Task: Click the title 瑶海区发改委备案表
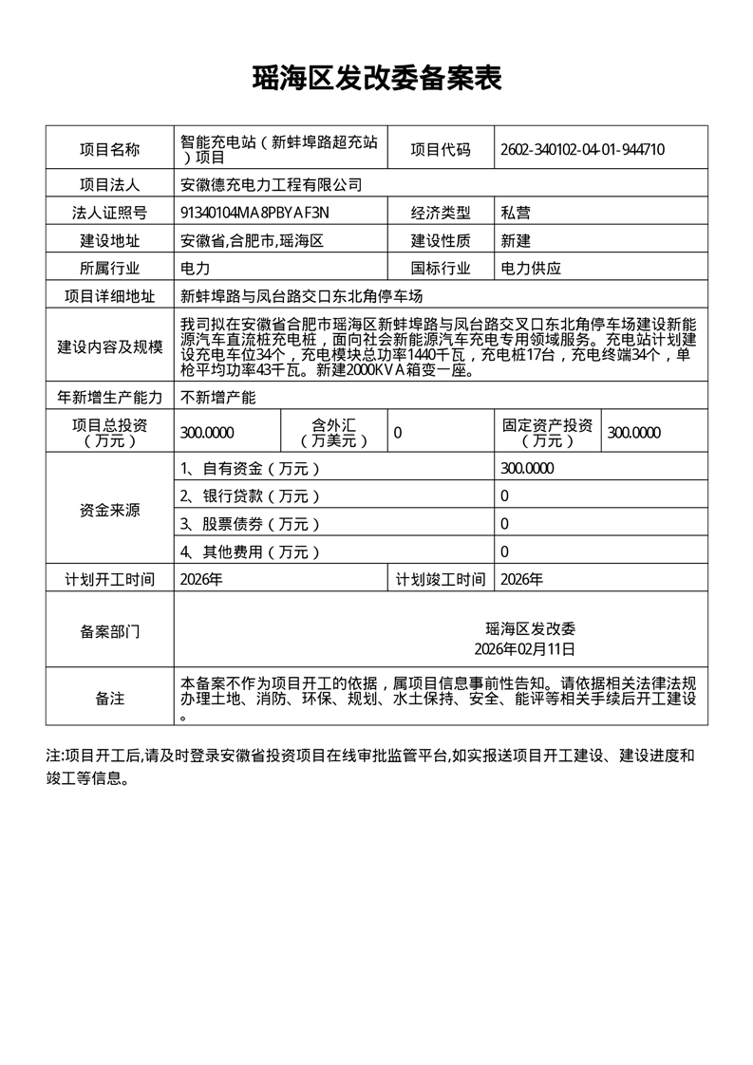[376, 79]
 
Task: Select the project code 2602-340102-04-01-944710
[582, 149]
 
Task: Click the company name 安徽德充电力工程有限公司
[272, 184]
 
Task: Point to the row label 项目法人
[109, 184]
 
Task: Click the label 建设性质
[440, 240]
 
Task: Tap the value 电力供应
[531, 269]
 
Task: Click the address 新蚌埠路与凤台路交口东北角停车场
[301, 296]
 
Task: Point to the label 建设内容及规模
[109, 346]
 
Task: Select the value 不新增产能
[218, 396]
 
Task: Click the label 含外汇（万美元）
[333, 433]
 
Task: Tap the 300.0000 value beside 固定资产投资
[634, 433]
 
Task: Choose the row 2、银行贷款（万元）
[251, 495]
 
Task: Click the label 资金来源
[109, 510]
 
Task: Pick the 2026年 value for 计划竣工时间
[521, 579]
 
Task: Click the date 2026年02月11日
[525, 649]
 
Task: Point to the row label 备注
[109, 699]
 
